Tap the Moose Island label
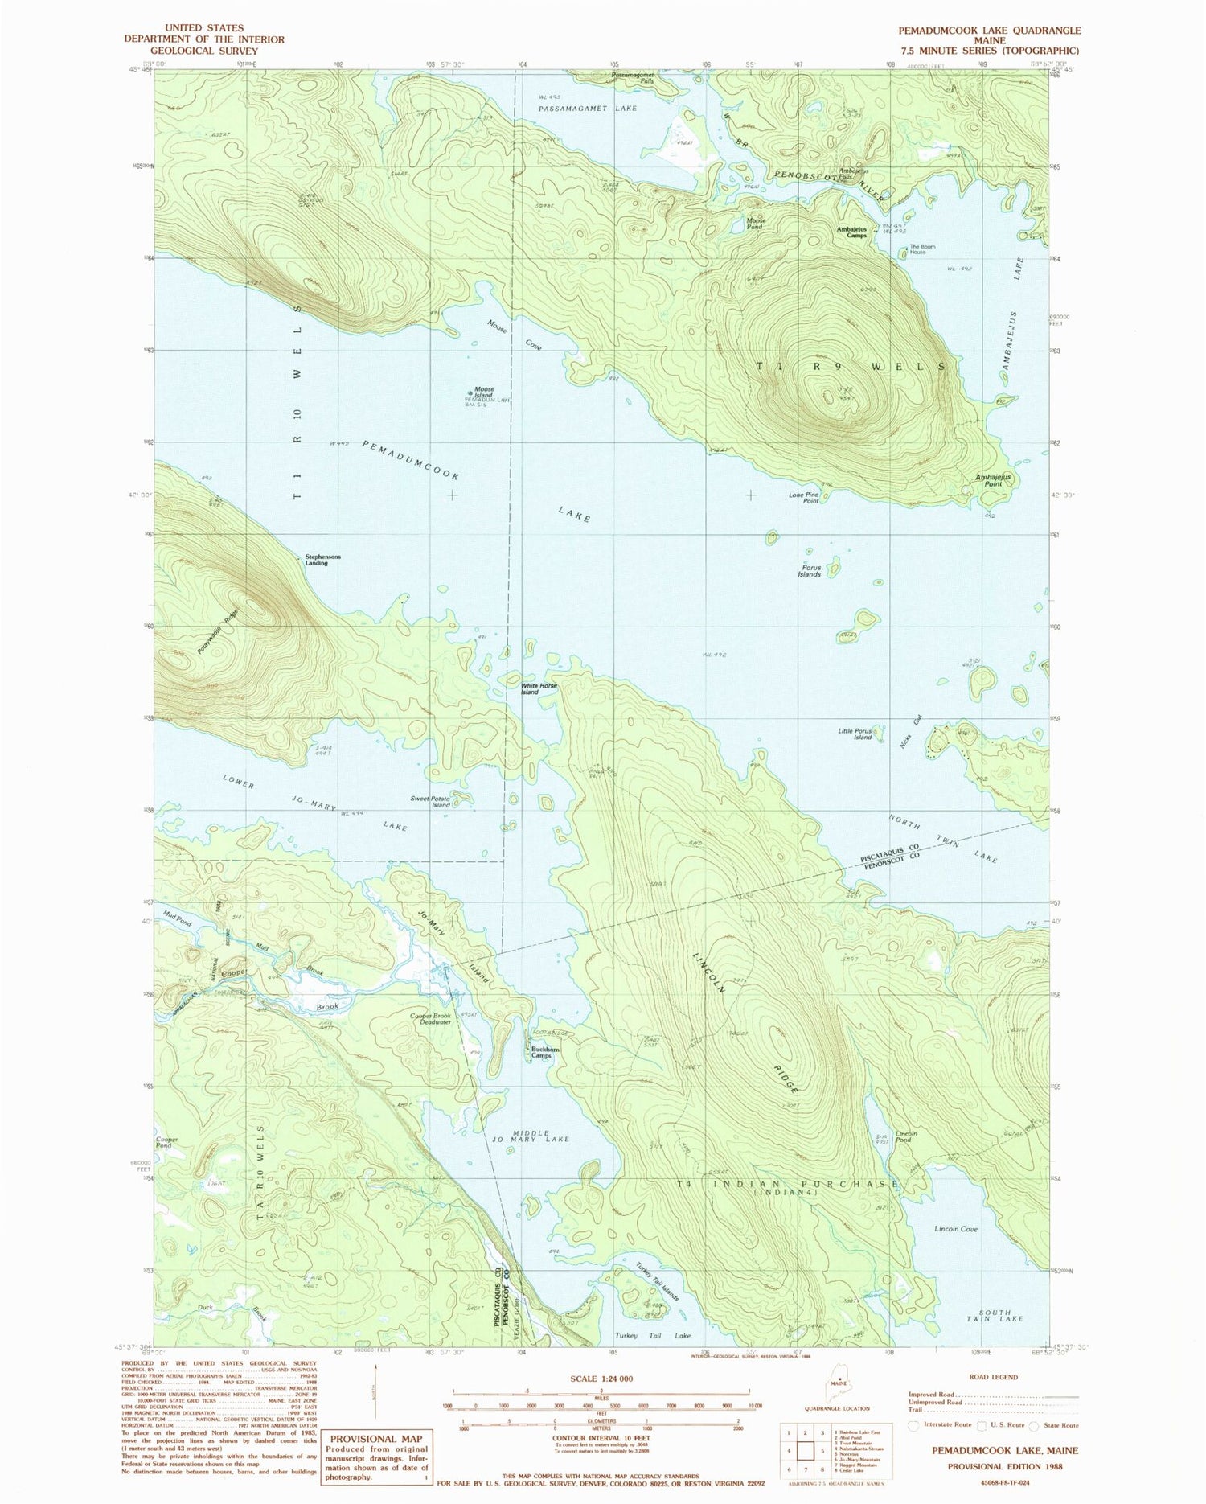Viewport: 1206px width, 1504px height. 483,392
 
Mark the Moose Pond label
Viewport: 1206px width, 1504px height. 756,224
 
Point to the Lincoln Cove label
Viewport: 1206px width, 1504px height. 956,1229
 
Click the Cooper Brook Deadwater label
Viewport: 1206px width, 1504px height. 430,1018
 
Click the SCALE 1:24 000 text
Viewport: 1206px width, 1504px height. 601,1379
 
